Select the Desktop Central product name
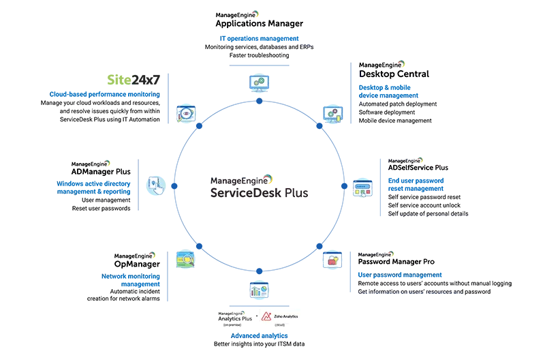tap(394, 74)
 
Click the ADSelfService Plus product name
tap(418, 167)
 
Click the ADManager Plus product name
tap(106, 172)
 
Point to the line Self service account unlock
tap(424, 205)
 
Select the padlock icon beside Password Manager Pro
tap(334, 260)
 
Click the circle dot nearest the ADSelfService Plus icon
tap(344, 186)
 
